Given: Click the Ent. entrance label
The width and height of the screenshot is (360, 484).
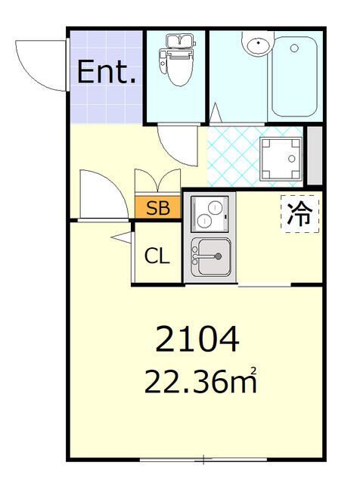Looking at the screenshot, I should [x=107, y=73].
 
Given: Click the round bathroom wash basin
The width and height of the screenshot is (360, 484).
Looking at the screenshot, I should [x=256, y=45].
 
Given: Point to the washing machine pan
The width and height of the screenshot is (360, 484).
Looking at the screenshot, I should [x=281, y=158].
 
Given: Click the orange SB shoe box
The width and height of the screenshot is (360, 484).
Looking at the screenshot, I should [x=158, y=209].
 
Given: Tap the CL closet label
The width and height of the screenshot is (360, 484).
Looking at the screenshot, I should [x=157, y=256].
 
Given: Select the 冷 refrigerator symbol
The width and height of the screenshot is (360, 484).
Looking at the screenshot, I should [x=299, y=214].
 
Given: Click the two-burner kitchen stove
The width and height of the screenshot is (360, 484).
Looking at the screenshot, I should [x=209, y=213].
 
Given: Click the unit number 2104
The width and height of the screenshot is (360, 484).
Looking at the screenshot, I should [x=197, y=340].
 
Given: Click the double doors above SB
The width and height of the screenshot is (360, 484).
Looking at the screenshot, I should [x=157, y=184].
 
